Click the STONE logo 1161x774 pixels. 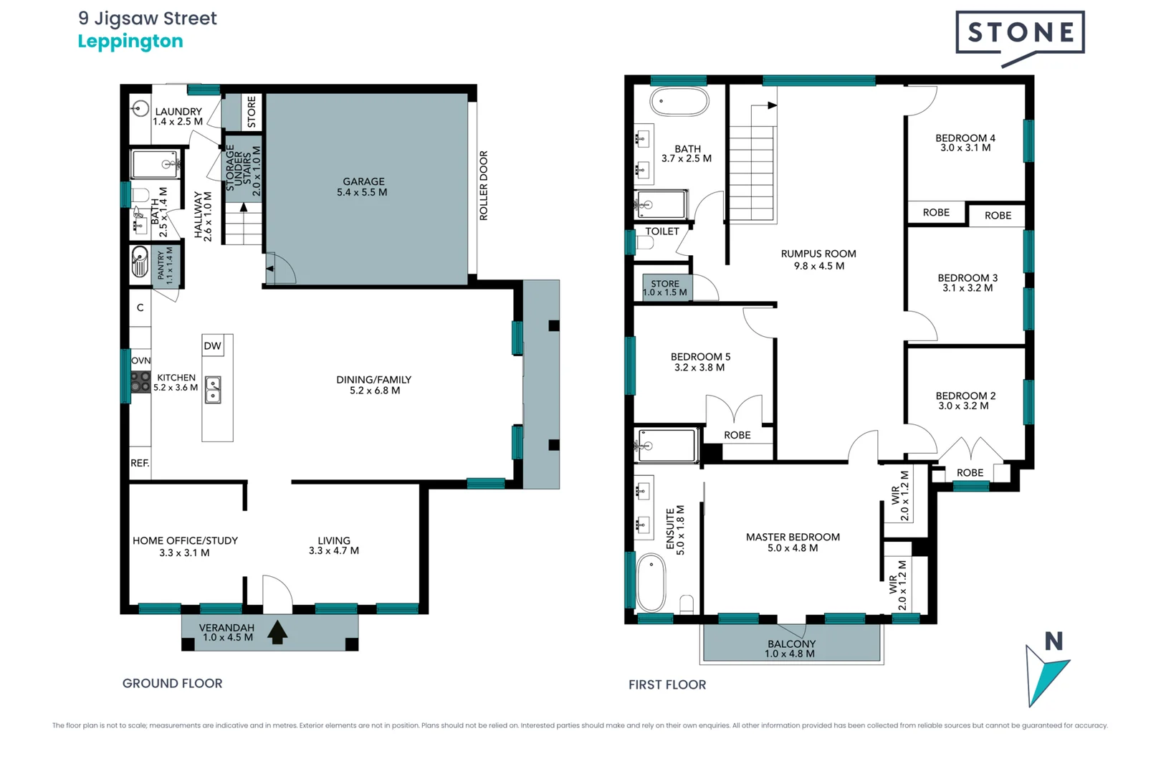(x=1020, y=33)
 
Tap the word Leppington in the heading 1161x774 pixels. (x=130, y=42)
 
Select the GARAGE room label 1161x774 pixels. (x=363, y=182)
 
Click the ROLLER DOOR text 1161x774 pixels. (x=484, y=185)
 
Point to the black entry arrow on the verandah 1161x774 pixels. (x=277, y=633)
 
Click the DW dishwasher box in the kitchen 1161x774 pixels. (x=213, y=345)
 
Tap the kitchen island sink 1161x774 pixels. (x=213, y=390)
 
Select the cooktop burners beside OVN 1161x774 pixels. (x=140, y=381)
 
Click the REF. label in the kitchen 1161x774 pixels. (x=140, y=463)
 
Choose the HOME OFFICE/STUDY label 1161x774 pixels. (x=185, y=541)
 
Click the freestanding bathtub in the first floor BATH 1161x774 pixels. (x=679, y=102)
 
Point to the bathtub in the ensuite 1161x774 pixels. (x=651, y=582)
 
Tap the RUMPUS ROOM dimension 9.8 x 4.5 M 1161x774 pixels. (x=818, y=266)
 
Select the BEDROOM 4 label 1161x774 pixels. (x=965, y=138)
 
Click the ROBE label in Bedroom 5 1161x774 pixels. (x=737, y=435)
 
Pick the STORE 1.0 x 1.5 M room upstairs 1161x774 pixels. (x=665, y=287)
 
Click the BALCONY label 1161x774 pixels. (x=791, y=644)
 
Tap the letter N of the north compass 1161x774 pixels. (x=1053, y=641)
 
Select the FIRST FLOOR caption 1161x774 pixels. (x=667, y=684)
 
